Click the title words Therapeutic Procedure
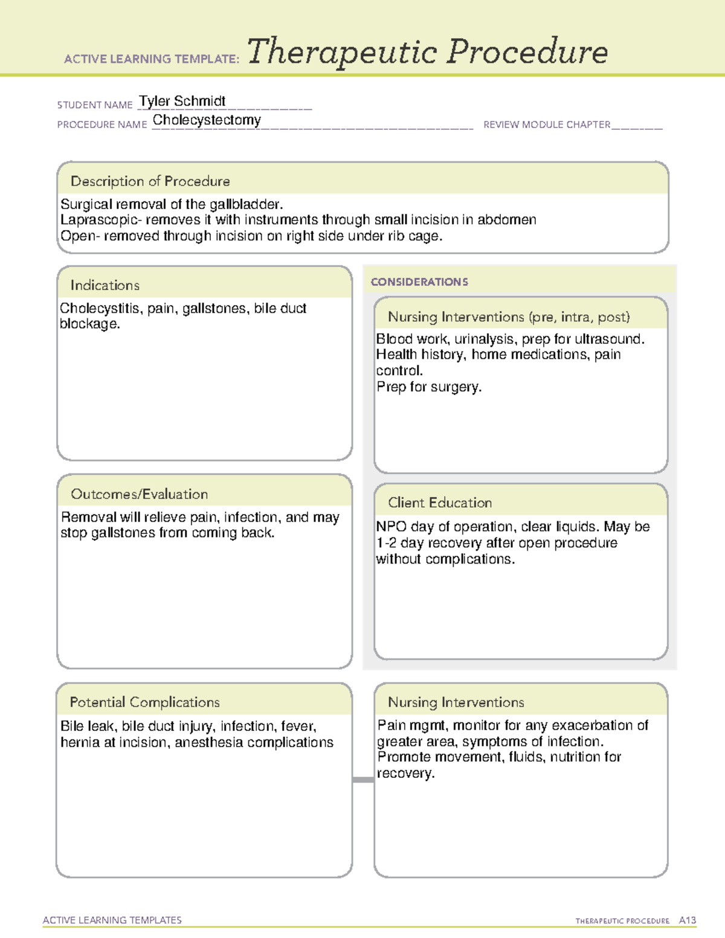coord(427,52)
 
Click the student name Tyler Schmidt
coord(182,101)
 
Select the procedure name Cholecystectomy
coord(207,120)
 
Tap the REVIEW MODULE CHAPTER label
coord(547,124)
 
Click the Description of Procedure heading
coord(150,181)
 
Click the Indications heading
coord(105,285)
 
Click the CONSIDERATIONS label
coord(419,282)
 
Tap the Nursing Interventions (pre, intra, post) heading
coord(509,317)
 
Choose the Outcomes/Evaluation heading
coord(139,494)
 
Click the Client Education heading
coord(440,503)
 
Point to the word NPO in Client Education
coord(391,527)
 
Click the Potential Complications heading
coord(144,702)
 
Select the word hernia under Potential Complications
coord(79,742)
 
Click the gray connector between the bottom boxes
coord(363,780)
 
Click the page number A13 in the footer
coord(687,920)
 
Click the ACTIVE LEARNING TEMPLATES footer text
coord(112,920)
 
